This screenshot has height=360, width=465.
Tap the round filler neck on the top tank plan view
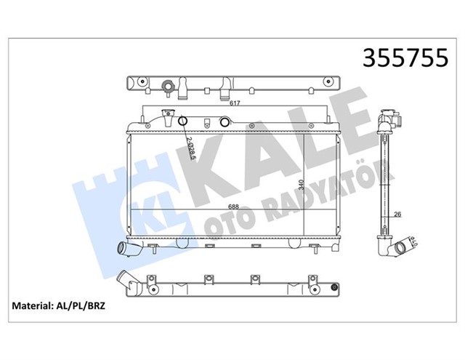[x=169, y=88]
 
